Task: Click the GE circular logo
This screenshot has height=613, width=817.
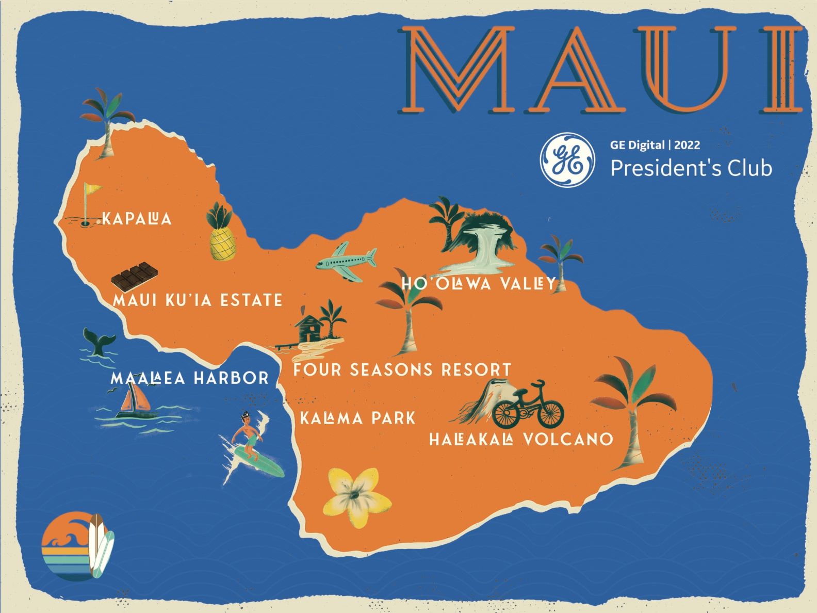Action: (x=567, y=159)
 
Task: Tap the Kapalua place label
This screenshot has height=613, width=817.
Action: (x=137, y=219)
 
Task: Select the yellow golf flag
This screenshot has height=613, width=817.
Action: (x=92, y=189)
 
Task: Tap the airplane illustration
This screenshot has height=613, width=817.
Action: (x=346, y=262)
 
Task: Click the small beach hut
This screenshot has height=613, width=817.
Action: (x=309, y=328)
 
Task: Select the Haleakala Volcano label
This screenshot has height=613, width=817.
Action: (x=521, y=440)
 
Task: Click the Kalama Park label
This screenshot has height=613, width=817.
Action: (x=357, y=418)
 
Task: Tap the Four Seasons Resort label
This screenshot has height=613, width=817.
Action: (x=402, y=370)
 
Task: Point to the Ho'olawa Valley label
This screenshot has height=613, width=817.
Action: (x=479, y=283)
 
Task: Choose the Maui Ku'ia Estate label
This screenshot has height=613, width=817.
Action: (x=198, y=300)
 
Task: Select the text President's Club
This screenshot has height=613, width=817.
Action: (x=691, y=168)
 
